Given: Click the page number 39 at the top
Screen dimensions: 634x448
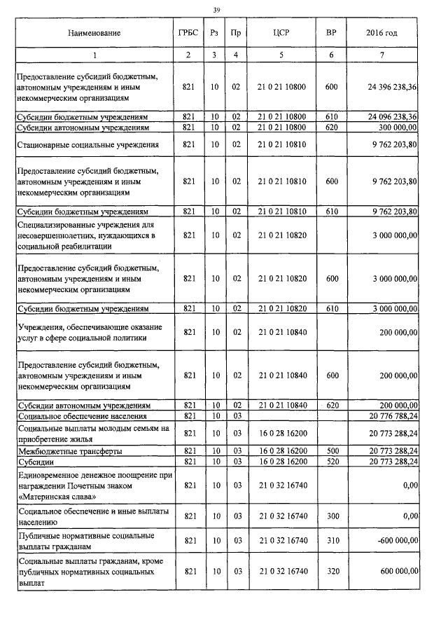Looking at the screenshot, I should pos(216,9).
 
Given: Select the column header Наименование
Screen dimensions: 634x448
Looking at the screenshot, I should pos(94,33).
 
